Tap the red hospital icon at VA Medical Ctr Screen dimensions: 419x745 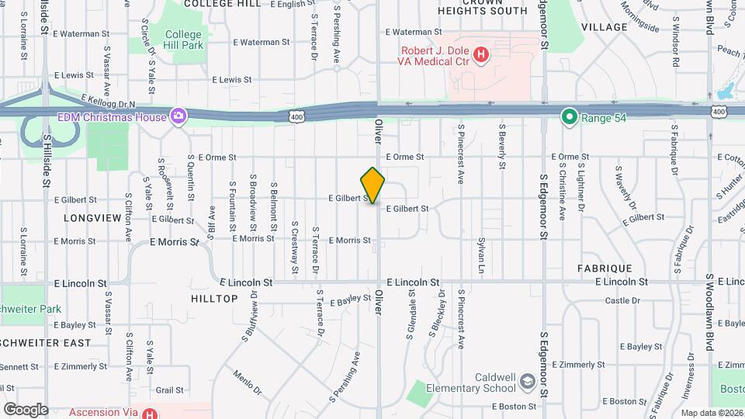482,55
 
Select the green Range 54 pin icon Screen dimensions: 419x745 569,117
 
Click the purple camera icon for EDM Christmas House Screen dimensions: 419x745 179,117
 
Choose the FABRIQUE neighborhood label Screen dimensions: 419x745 605,267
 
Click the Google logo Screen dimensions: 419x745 26,409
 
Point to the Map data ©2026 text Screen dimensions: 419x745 712,413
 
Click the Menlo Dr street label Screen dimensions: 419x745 248,382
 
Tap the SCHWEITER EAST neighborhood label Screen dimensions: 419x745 45,342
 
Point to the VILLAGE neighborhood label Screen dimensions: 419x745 604,27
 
